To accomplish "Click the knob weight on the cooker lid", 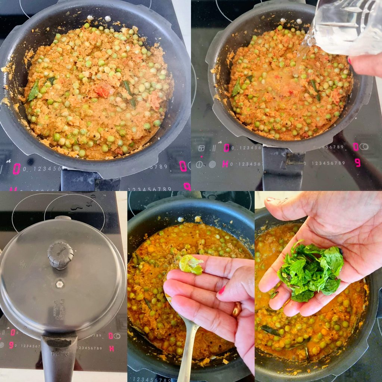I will (x=60, y=254).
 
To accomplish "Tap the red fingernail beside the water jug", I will (x=350, y=60).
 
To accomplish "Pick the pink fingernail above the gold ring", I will (x=222, y=290).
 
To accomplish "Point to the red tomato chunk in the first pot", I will (x=102, y=90).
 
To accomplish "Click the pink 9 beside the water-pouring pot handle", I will (x=357, y=163).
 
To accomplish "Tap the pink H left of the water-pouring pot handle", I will (x=225, y=163).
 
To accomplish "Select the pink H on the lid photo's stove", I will (x=112, y=348).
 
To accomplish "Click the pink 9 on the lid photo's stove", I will (x=11, y=345).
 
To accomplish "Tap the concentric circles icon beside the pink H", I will (x=212, y=164).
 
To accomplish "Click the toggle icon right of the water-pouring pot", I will (x=364, y=147).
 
